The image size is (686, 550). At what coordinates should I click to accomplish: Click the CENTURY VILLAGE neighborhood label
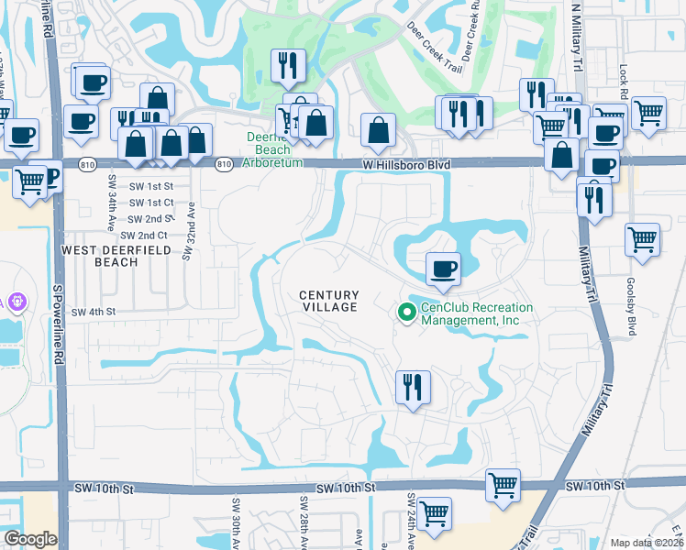point(328,301)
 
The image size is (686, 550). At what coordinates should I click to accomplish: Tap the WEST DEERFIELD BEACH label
point(100,256)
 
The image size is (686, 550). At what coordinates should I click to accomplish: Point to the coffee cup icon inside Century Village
point(443,268)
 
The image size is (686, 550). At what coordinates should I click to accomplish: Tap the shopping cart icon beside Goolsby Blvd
point(642,239)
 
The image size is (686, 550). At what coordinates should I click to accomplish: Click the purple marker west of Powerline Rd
point(16,300)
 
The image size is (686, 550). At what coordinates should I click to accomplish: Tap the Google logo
point(30,539)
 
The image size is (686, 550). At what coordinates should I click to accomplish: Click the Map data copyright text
point(647,543)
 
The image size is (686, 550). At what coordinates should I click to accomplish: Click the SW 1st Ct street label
point(151,203)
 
